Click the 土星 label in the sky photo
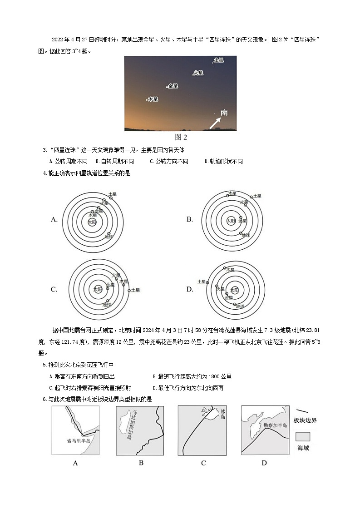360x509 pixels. tap(219, 60)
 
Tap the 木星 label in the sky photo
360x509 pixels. tap(153, 99)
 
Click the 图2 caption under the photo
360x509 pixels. tap(181, 137)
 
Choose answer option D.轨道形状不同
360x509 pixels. tap(223, 161)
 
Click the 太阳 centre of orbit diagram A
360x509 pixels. tap(92, 222)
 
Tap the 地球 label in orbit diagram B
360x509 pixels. tap(246, 235)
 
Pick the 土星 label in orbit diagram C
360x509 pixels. tap(135, 290)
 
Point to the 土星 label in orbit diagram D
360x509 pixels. tap(202, 282)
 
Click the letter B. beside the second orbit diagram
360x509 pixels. tap(190, 219)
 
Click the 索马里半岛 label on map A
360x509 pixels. tap(78, 441)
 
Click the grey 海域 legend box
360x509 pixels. tap(303, 437)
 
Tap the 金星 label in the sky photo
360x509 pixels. tap(173, 86)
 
